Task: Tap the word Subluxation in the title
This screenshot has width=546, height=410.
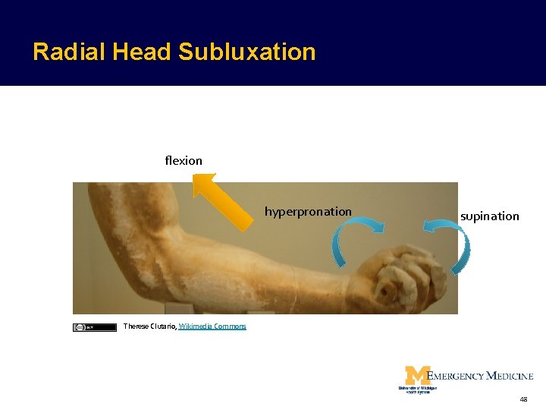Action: (x=247, y=52)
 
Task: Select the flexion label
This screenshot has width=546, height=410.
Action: (x=184, y=160)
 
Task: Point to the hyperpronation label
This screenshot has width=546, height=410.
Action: (x=308, y=211)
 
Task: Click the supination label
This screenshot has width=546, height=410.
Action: (x=489, y=216)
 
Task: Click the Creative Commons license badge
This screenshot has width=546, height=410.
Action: (x=83, y=327)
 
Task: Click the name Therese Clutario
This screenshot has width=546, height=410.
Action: (x=149, y=326)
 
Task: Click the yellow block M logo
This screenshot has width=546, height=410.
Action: (x=416, y=375)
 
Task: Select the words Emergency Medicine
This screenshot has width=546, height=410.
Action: (x=481, y=375)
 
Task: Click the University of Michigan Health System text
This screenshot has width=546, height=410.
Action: (x=417, y=389)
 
